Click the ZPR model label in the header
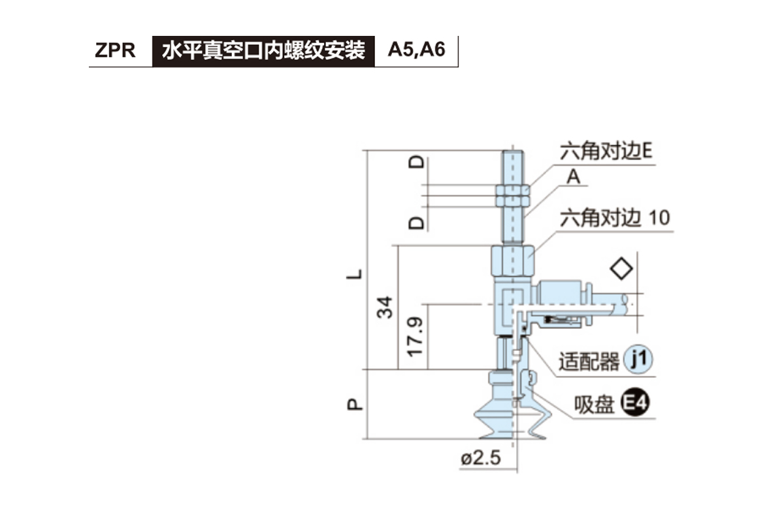tap(115, 51)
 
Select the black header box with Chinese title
tap(263, 51)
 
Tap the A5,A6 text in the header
tap(416, 50)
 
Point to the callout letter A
tap(574, 177)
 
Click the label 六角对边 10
tap(615, 218)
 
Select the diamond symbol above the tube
tap(621, 269)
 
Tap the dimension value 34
tap(387, 307)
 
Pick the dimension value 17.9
tap(416, 337)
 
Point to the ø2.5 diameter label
tap(480, 458)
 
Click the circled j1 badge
tap(639, 360)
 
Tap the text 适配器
tap(589, 361)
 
